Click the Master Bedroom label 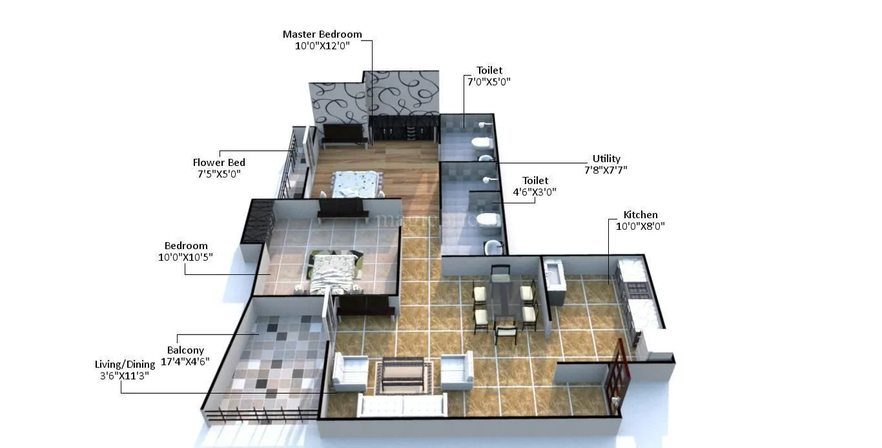click(322, 34)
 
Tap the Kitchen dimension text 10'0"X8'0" click(640, 226)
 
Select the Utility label click(606, 159)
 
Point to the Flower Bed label click(219, 163)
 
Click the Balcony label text click(185, 351)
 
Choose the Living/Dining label click(125, 365)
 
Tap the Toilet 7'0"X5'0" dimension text click(489, 81)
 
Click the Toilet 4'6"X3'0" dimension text click(535, 192)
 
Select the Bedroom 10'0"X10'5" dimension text click(185, 257)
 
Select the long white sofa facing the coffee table click(402, 405)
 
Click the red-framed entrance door click(617, 377)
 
